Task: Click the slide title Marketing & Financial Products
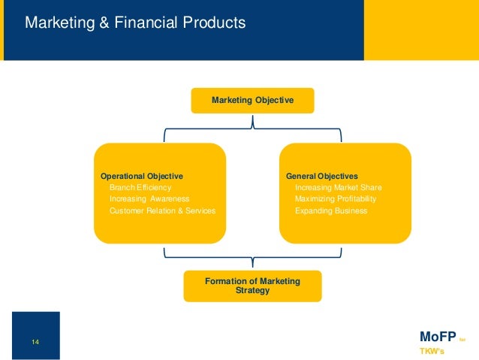point(135,23)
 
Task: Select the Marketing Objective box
point(252,100)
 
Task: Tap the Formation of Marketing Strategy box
point(252,286)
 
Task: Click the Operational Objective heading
point(142,176)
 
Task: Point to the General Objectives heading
point(322,176)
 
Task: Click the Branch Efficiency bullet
point(140,187)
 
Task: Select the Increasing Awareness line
point(149,199)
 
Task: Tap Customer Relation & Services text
point(162,211)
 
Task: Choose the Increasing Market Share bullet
point(339,187)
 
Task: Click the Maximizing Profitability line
point(336,199)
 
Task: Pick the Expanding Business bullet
point(331,211)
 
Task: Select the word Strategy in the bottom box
point(252,290)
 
